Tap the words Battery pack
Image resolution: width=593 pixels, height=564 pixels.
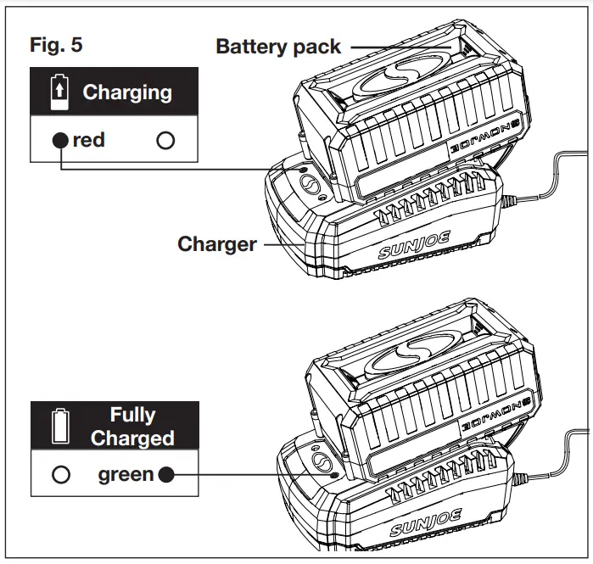point(278,47)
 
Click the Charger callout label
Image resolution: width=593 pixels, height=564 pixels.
point(216,244)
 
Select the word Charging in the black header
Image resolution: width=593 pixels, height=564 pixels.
point(127,92)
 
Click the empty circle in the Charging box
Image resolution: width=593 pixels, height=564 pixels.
point(165,141)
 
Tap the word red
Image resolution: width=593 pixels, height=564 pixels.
point(89,140)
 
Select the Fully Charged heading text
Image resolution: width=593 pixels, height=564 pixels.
point(132,427)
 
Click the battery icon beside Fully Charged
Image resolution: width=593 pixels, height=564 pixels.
point(59,427)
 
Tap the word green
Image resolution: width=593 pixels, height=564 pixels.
point(126,474)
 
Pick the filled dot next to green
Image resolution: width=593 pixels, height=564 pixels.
point(166,474)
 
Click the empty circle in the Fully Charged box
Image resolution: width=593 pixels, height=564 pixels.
point(60,474)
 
